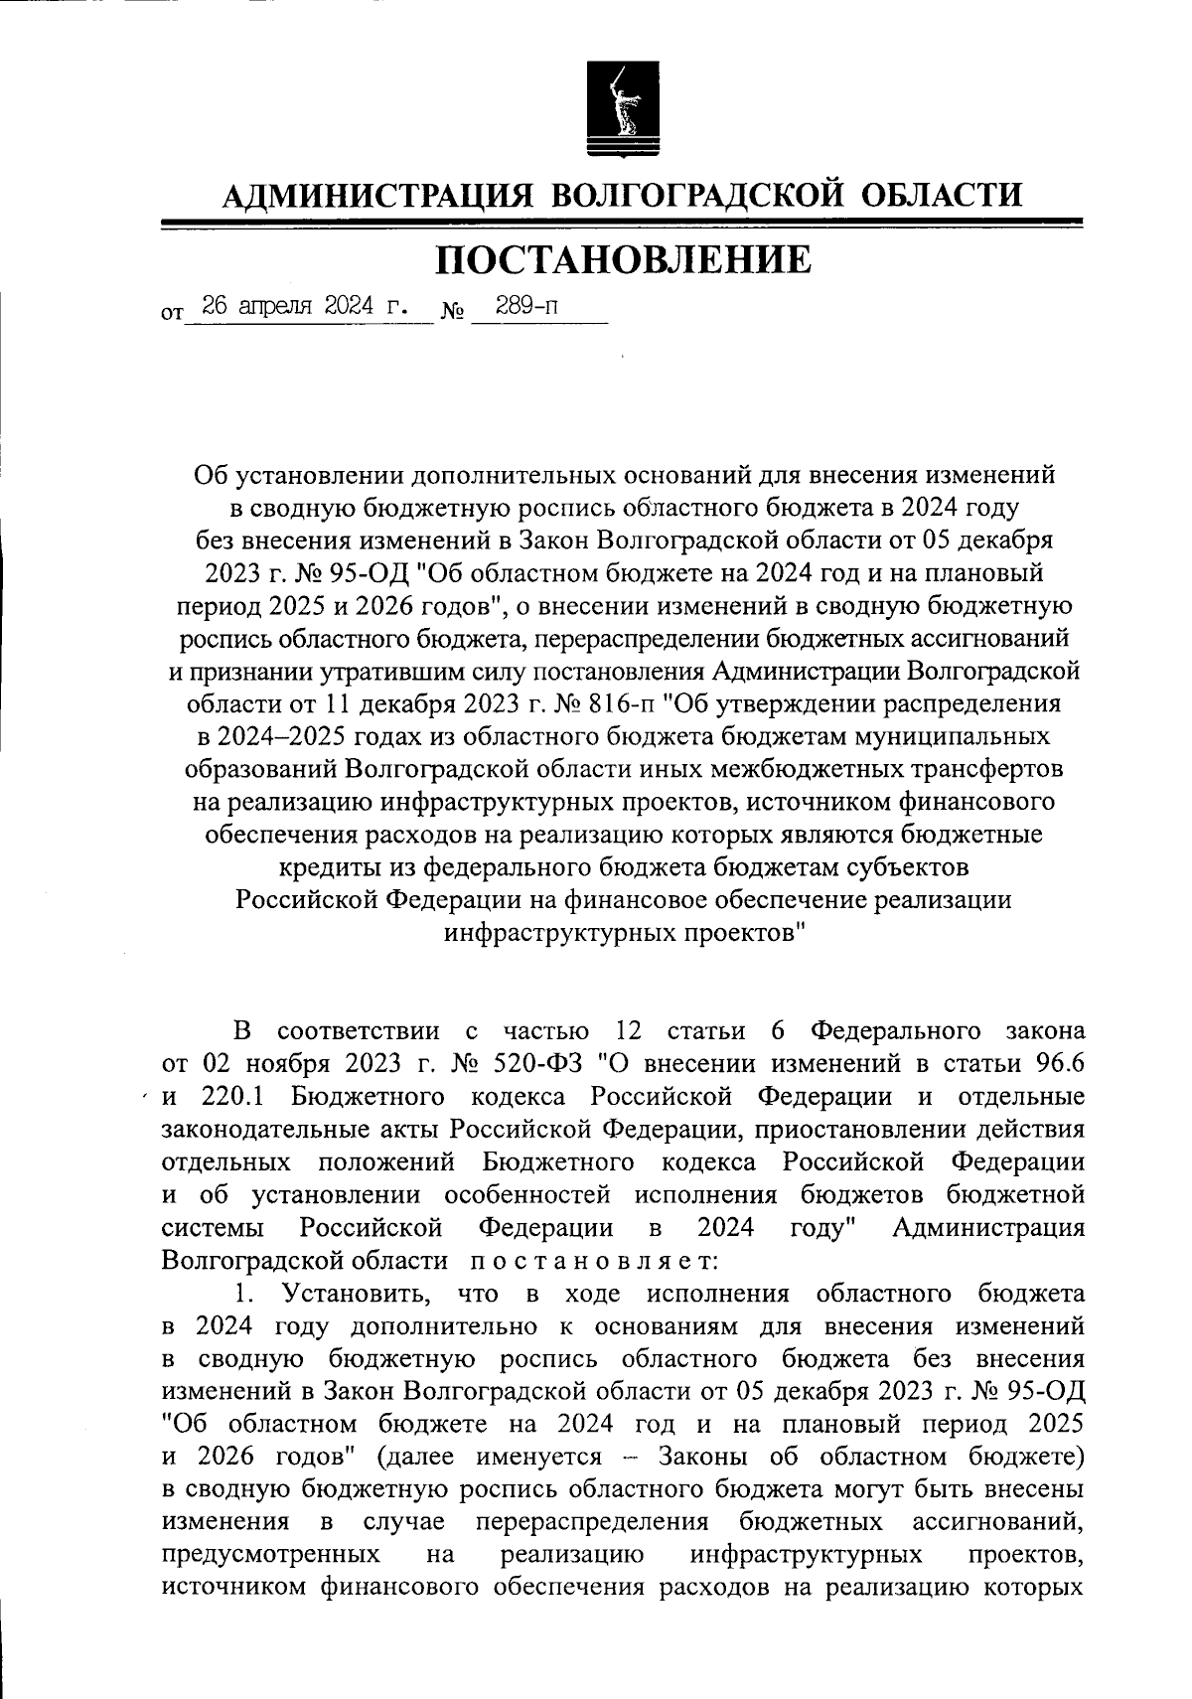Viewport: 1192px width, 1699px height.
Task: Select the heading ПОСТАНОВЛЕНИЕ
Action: pos(624,260)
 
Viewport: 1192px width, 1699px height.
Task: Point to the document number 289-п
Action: pos(526,306)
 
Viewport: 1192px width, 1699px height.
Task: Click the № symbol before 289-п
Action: pos(452,313)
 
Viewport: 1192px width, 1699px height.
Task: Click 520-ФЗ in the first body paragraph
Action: pos(537,1063)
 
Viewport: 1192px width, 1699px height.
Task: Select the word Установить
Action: pos(357,1294)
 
